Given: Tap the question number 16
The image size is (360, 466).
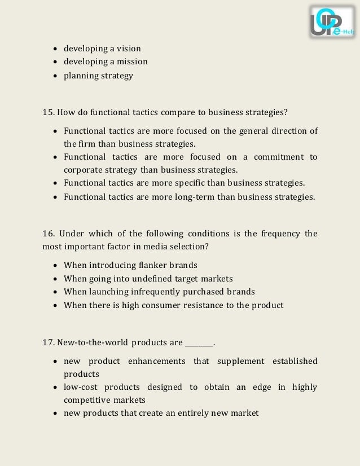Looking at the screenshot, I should point(48,234).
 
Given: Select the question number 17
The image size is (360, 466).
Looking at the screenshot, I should point(48,342).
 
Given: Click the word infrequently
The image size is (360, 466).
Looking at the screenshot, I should point(156,292).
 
